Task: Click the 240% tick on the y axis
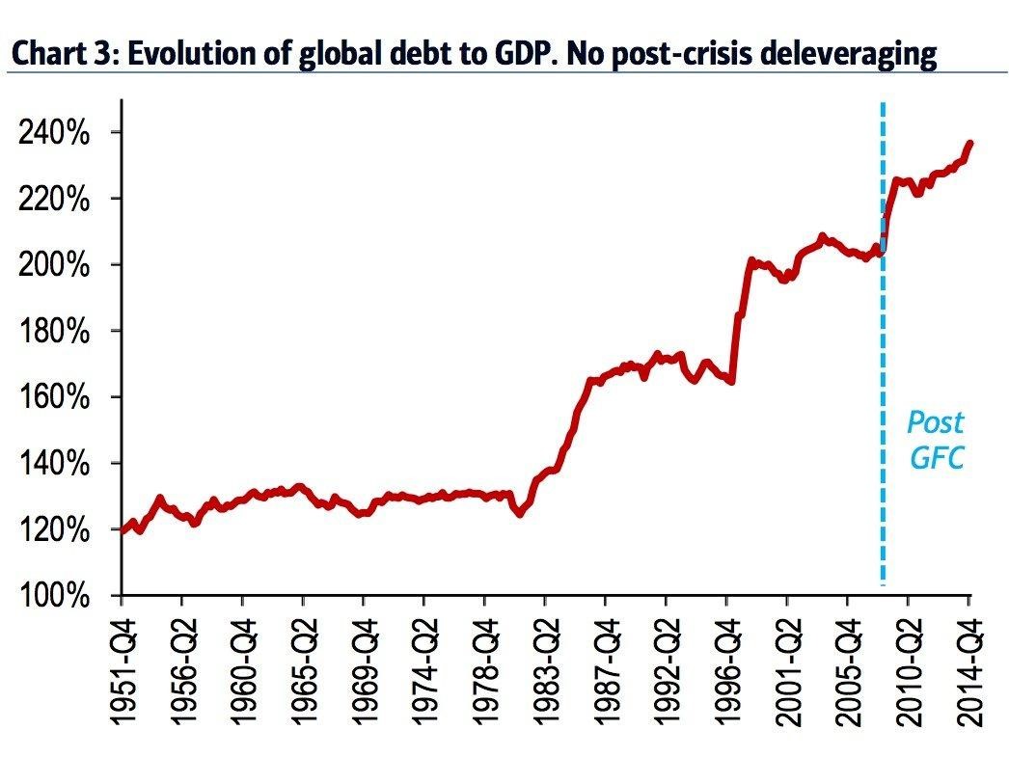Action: tap(56, 133)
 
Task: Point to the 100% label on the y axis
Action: tap(56, 596)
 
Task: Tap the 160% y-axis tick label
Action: tap(56, 397)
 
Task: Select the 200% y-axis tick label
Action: tap(56, 265)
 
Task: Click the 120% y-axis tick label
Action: tap(56, 529)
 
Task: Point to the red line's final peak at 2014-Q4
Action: tap(969, 144)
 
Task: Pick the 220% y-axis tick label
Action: tap(56, 200)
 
